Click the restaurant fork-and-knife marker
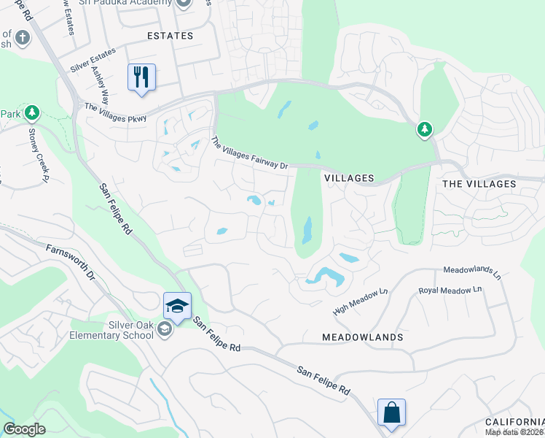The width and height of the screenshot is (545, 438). click(141, 77)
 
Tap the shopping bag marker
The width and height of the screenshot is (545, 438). click(392, 412)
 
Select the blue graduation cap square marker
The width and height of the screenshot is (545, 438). click(177, 306)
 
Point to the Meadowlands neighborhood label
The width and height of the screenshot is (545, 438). click(363, 337)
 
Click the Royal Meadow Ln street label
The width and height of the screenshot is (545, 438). click(450, 290)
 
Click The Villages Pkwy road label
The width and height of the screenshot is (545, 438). click(116, 112)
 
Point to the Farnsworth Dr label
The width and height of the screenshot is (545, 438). click(71, 263)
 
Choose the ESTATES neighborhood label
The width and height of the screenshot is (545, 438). click(170, 36)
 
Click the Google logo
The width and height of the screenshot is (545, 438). click(24, 429)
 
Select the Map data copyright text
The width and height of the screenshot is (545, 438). click(514, 431)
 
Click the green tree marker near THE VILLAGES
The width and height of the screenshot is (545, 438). click(425, 130)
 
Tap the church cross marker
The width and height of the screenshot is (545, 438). click(22, 37)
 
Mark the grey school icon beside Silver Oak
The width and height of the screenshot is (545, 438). click(165, 331)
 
